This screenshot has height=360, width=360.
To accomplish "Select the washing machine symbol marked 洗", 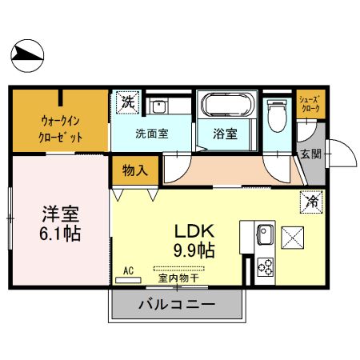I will coord(127,102).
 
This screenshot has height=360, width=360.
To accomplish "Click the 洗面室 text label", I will coord(150,134).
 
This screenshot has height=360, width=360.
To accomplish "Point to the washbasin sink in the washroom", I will coord(160,106).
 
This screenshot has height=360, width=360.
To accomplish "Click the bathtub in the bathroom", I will coord(227,106).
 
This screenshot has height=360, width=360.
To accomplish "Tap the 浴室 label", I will coord(226,134).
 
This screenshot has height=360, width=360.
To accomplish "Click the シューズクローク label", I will coord(310,102).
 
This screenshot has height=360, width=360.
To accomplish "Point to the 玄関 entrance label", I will coord(310,154).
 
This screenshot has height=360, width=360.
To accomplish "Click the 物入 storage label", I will coord(135,170).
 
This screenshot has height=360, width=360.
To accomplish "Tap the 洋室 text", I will coord(61,214).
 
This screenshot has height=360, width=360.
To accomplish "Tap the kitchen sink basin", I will coord(266,238).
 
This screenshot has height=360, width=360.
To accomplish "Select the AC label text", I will coord(128,270).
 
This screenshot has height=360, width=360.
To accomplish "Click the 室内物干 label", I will coord(178,279).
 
